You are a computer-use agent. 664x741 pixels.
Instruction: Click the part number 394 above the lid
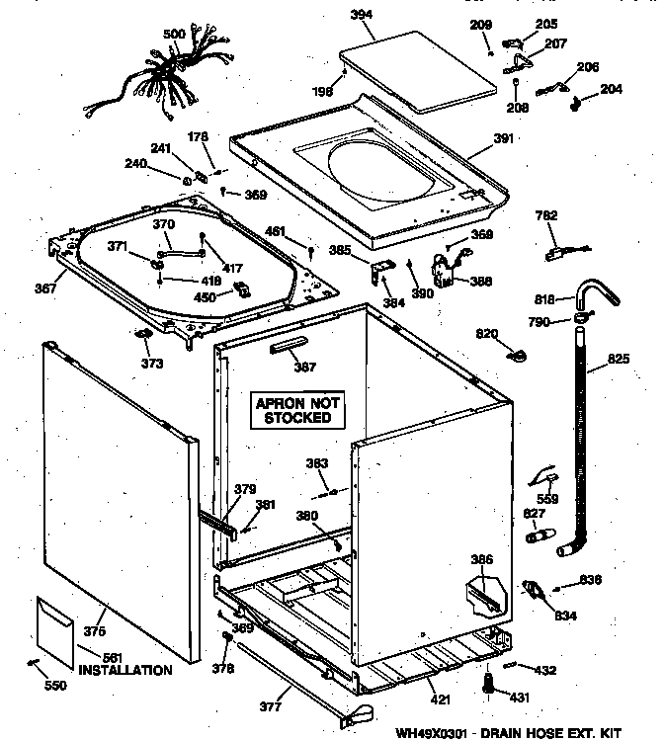pyautogui.click(x=391, y=15)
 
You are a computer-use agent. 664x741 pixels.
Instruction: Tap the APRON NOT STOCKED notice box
pyautogui.click(x=297, y=411)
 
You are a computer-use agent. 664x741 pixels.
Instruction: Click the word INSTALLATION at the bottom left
pyautogui.click(x=125, y=671)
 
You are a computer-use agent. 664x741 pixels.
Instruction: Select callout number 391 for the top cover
pyautogui.click(x=504, y=139)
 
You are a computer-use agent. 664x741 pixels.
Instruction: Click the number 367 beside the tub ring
pyautogui.click(x=46, y=289)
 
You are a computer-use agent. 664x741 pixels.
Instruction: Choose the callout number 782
pyautogui.click(x=545, y=215)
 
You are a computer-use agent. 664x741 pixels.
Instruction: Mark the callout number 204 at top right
pyautogui.click(x=612, y=89)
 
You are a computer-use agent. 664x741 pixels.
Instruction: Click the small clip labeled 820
pyautogui.click(x=515, y=351)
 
